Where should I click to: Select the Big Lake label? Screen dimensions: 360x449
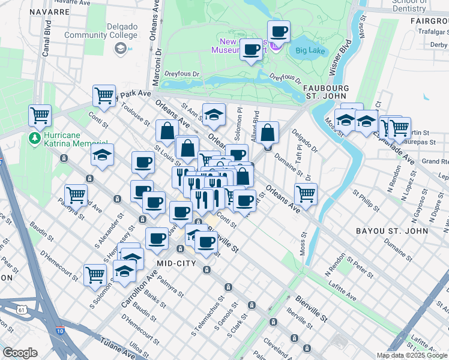click(310, 50)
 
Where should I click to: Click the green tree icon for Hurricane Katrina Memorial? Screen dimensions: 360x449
click(35, 139)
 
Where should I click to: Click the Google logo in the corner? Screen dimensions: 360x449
click(20, 353)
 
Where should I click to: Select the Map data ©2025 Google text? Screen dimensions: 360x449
click(412, 355)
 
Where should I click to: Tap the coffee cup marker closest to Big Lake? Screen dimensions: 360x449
click(278, 31)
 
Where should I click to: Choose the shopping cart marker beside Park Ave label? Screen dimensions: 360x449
click(104, 95)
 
